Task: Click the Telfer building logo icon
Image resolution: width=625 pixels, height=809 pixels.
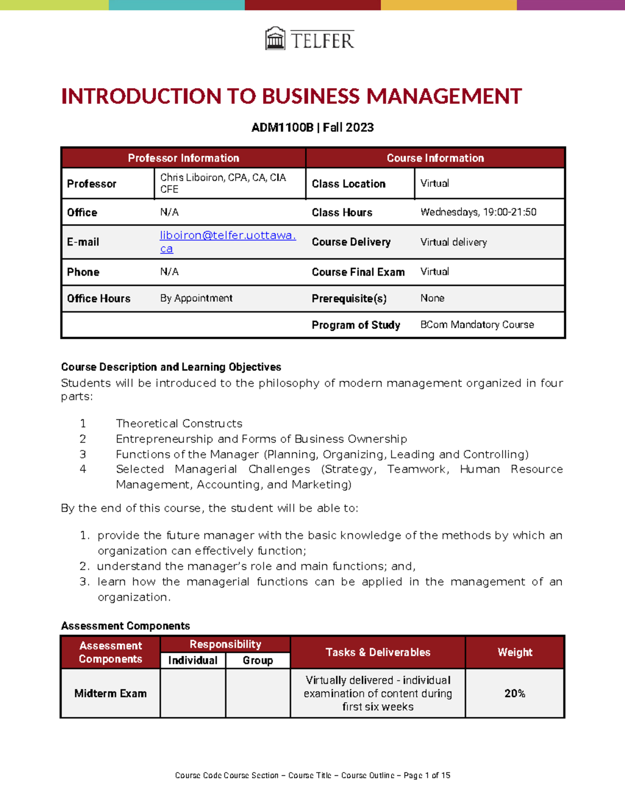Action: (275, 39)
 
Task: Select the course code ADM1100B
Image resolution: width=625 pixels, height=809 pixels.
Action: (282, 128)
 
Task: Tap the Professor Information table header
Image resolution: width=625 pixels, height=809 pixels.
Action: (183, 158)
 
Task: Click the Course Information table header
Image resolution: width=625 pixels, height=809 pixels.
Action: (435, 158)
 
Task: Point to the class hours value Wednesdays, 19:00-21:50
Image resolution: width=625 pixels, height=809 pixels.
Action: (478, 212)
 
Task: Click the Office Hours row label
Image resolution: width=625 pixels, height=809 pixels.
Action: (98, 298)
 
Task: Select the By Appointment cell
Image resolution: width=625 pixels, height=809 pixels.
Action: (196, 298)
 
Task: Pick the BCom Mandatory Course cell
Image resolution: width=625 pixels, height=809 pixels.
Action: (477, 325)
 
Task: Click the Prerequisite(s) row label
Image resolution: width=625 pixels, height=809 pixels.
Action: (349, 298)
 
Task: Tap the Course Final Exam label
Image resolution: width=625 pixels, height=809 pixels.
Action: (358, 272)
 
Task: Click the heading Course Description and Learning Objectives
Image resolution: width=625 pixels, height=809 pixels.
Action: (171, 367)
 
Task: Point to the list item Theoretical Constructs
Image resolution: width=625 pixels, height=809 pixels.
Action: (179, 424)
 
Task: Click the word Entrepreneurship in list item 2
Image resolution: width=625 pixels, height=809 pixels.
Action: (164, 439)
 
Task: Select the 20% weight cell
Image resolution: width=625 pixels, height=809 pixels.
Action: (515, 693)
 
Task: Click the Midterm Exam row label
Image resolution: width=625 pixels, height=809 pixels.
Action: (110, 693)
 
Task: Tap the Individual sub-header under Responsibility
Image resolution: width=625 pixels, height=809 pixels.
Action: (193, 661)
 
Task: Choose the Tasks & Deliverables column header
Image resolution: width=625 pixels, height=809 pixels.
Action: (378, 652)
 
